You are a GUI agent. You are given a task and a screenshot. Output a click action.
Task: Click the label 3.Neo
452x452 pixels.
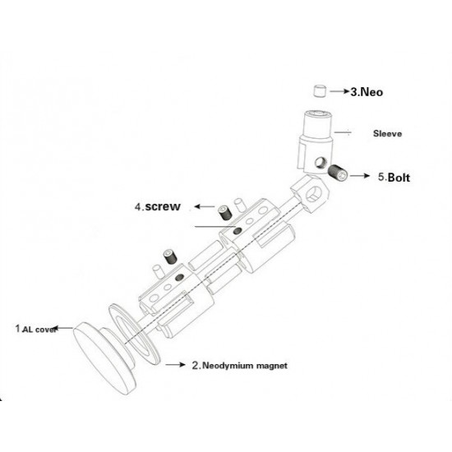367,92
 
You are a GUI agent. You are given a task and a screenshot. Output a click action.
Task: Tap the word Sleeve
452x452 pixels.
387,133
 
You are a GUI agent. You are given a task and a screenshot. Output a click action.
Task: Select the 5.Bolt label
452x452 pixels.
394,177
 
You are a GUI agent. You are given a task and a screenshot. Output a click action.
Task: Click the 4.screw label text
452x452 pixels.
158,206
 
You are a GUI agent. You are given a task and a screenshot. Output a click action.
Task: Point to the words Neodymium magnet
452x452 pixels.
245,366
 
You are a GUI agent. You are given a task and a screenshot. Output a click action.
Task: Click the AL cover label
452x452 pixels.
39,330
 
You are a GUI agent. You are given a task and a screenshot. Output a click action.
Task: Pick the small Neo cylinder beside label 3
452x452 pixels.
320,90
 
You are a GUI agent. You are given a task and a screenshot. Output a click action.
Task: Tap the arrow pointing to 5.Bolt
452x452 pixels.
360,176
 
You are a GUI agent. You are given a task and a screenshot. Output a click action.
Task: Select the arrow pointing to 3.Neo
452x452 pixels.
339,91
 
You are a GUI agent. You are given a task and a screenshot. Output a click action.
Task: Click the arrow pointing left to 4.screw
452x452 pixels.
205,206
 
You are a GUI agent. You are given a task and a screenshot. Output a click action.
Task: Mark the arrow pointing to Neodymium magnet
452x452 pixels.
176,365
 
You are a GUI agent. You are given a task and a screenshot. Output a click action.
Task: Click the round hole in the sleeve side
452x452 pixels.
320,162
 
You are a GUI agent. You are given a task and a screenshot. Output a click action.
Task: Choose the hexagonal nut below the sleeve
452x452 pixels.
310,193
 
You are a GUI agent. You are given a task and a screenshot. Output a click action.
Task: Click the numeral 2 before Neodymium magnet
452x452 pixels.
196,366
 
